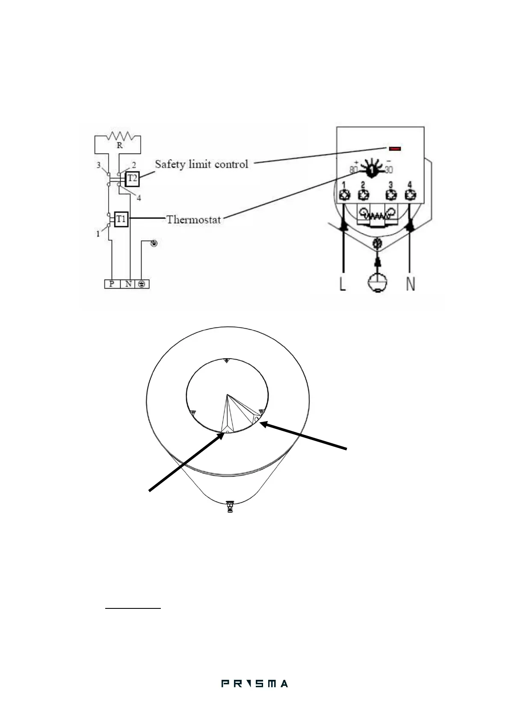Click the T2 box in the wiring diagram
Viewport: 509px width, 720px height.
pyautogui.click(x=133, y=178)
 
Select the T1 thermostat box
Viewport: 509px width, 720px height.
pyautogui.click(x=121, y=219)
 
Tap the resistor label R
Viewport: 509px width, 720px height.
pyautogui.click(x=120, y=145)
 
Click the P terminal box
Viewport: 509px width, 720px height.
pyautogui.click(x=112, y=284)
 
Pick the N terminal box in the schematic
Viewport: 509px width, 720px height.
pyautogui.click(x=128, y=284)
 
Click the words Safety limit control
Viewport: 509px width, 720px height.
pyautogui.click(x=201, y=164)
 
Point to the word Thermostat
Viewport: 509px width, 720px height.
pyautogui.click(x=193, y=220)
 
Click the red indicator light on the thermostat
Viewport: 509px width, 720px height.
pyautogui.click(x=395, y=148)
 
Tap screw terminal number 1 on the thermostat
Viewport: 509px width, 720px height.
pyautogui.click(x=344, y=195)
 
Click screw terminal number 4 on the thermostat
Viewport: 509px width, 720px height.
pyautogui.click(x=410, y=195)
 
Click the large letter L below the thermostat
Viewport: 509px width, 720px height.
pyautogui.click(x=343, y=284)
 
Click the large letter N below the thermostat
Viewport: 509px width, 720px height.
pyautogui.click(x=410, y=284)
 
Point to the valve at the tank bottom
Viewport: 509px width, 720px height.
pyautogui.click(x=231, y=507)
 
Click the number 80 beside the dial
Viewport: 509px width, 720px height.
pyautogui.click(x=353, y=170)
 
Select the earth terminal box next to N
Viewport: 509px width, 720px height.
pyautogui.click(x=142, y=284)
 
